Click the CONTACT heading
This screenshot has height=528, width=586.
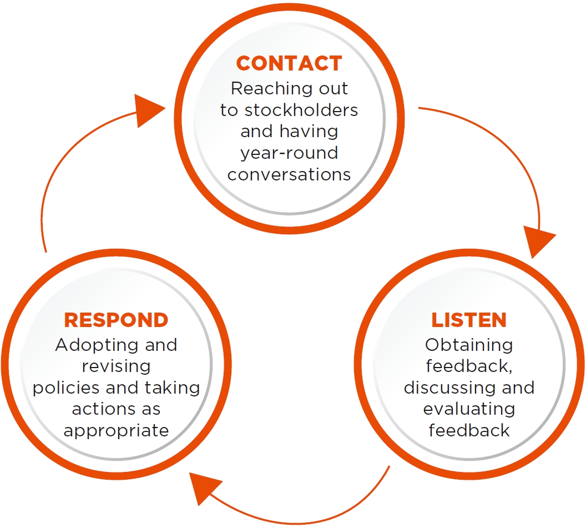click(x=289, y=63)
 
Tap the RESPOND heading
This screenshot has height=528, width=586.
click(x=116, y=320)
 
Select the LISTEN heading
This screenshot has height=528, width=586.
click(x=469, y=320)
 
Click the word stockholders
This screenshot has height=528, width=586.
click(x=301, y=110)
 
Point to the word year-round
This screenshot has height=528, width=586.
click(x=289, y=153)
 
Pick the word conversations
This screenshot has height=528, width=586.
click(x=289, y=175)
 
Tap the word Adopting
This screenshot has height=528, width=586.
click(x=97, y=345)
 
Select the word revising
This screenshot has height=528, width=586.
click(x=116, y=366)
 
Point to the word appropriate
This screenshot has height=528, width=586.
click(x=116, y=431)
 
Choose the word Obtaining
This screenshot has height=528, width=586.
click(x=469, y=345)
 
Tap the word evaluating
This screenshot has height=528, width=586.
click(x=469, y=409)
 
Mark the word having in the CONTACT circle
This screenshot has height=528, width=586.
click(x=309, y=132)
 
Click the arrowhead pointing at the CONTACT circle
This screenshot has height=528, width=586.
click(x=149, y=110)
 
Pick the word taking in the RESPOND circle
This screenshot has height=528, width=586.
click(x=172, y=388)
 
